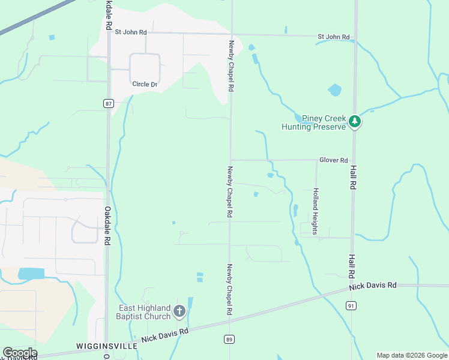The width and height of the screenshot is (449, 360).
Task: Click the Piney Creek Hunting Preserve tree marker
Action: [x=355, y=122]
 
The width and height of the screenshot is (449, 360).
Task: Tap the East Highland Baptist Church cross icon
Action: [x=179, y=311]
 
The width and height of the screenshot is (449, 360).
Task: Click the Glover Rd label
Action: [x=334, y=160]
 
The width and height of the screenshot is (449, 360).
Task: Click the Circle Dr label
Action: [x=145, y=84]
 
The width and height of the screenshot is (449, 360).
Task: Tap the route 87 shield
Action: [x=108, y=103]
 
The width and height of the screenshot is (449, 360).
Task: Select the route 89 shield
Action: [x=229, y=340]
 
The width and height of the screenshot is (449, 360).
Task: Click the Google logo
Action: [x=20, y=353]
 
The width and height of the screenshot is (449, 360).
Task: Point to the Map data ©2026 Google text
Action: [x=412, y=355]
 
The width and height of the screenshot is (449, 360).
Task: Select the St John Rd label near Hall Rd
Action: [x=334, y=37]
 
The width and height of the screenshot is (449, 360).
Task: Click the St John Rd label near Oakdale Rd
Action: [x=131, y=32]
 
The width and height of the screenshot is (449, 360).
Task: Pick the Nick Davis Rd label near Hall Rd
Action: [x=373, y=286]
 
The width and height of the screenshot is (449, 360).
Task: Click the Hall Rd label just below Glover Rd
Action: [x=354, y=178]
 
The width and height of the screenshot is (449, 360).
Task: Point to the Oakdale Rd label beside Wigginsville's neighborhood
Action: [x=107, y=226]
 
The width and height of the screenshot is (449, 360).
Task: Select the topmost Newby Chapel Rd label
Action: [x=231, y=66]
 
